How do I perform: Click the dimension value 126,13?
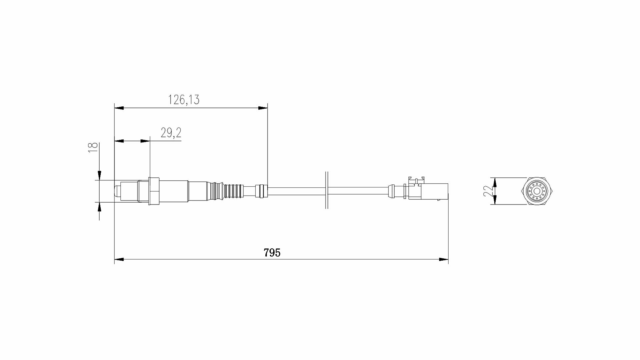[184, 99]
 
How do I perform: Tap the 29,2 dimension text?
[171, 133]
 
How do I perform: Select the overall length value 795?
[272, 253]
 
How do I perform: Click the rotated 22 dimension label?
[488, 191]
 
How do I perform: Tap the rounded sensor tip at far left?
[117, 191]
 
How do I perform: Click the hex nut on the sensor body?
[154, 191]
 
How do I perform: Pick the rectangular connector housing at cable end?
[435, 191]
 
